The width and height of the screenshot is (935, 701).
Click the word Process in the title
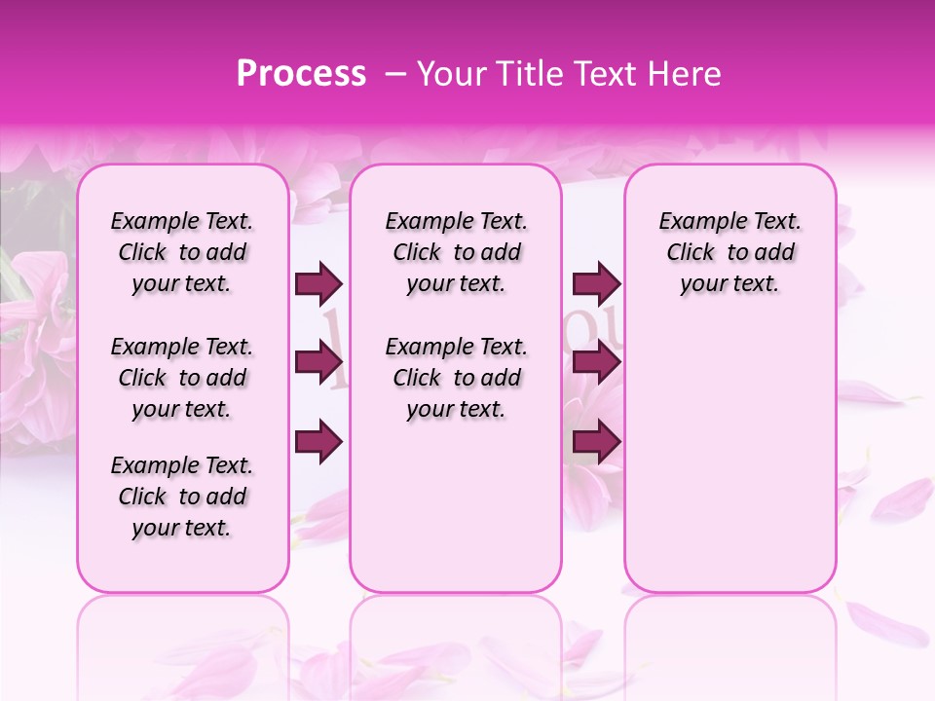tap(301, 74)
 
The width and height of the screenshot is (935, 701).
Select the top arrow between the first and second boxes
tap(318, 283)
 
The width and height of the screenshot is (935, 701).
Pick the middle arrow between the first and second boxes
tap(318, 362)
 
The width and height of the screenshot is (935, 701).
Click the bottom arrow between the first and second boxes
tap(318, 442)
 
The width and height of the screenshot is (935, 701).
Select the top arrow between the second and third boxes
tap(596, 283)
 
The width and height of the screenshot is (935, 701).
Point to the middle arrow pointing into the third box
tap(596, 362)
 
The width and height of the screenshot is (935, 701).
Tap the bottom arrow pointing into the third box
tap(596, 442)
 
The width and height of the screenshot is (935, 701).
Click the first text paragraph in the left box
tap(182, 252)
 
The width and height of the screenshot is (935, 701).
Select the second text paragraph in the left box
tap(182, 378)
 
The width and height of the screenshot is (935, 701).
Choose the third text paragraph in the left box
tap(182, 497)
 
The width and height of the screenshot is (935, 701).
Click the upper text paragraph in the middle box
tap(456, 252)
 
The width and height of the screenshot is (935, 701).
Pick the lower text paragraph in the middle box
tap(456, 378)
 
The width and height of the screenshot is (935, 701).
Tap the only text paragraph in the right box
tap(730, 252)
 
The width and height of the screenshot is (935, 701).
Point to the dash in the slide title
tap(395, 74)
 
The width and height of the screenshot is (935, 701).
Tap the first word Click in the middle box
tap(417, 252)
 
